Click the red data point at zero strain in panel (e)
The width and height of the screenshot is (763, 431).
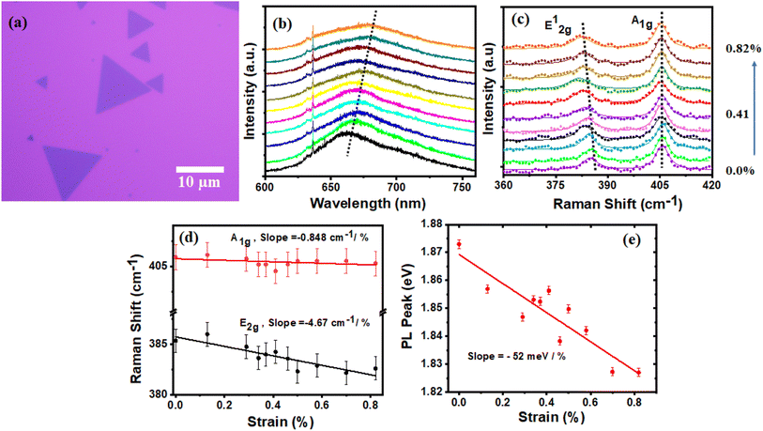459,244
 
